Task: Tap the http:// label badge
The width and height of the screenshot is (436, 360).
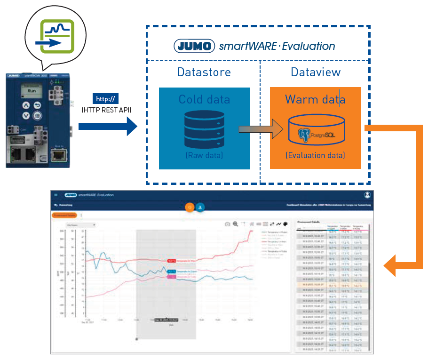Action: pos(106,99)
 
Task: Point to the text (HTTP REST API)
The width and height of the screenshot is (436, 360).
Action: pos(106,110)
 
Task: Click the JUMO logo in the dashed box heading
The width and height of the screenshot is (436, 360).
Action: pos(195,46)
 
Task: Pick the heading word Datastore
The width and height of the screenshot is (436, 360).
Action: pos(204,72)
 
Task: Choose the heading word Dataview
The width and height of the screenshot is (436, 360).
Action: pos(316,72)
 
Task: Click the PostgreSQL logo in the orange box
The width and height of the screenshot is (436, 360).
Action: pos(315,135)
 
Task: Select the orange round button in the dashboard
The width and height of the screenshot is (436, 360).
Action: pos(190,207)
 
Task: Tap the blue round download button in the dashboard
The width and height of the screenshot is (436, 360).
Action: pos(200,207)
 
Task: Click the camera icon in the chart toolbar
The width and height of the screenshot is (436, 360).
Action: pos(227,224)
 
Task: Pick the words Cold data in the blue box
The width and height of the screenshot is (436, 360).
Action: pos(204,99)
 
